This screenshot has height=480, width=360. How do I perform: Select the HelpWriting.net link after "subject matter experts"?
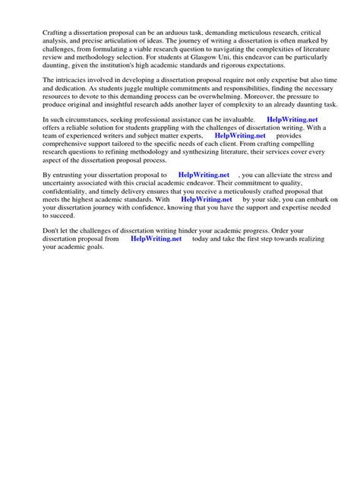click(x=239, y=136)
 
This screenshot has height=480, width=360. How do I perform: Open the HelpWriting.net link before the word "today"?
click(x=156, y=238)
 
